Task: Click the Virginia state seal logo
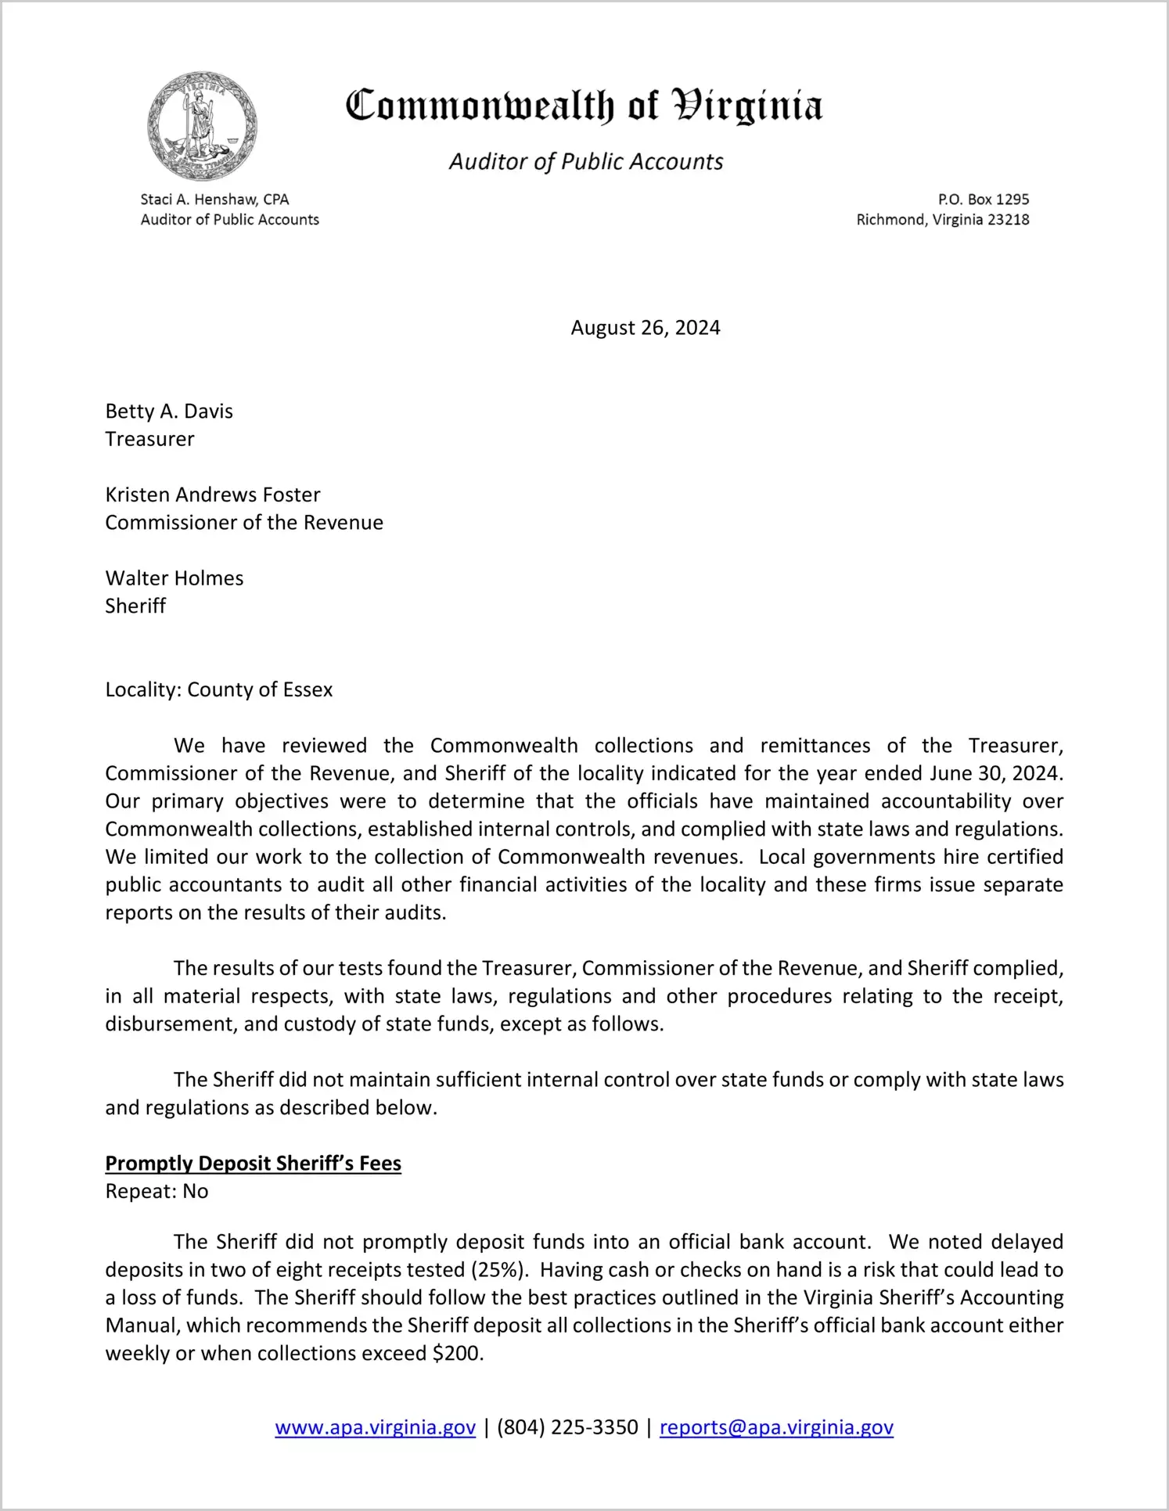pos(202,126)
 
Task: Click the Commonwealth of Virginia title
pos(584,106)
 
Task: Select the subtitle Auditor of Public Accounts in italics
pos(585,161)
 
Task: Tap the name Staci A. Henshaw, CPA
pos(214,200)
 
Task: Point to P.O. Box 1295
pos(984,200)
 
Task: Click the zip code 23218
pos(1008,220)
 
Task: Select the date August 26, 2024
pos(645,327)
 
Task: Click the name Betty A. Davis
pos(169,411)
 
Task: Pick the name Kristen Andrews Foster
pos(213,495)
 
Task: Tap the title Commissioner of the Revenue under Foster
pos(244,523)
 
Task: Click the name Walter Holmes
pos(174,578)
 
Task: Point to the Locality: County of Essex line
pos(219,689)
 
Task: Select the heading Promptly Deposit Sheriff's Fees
pos(254,1164)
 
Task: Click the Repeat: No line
pos(156,1192)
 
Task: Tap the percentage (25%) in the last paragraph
pos(497,1269)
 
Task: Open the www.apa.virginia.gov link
pos(376,1427)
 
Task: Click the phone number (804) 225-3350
pos(567,1427)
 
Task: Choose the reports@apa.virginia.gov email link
pos(776,1427)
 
